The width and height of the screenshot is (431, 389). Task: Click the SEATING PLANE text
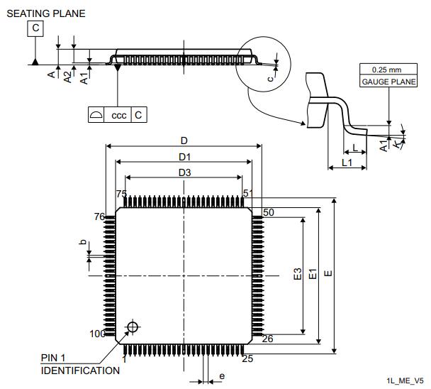click(45, 13)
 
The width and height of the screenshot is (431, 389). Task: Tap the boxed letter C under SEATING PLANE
click(35, 28)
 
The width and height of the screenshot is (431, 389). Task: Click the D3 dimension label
click(184, 172)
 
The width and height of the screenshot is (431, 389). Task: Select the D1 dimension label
click(184, 156)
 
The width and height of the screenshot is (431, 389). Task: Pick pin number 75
click(121, 194)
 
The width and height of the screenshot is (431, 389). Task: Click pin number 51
click(247, 194)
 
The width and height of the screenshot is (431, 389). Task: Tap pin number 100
click(97, 334)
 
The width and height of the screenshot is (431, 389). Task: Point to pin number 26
click(268, 339)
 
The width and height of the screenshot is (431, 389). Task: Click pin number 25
click(247, 358)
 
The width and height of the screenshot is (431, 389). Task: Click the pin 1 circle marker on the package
click(132, 327)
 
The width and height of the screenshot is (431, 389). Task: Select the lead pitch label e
click(221, 376)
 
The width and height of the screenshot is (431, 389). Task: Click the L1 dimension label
click(347, 163)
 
